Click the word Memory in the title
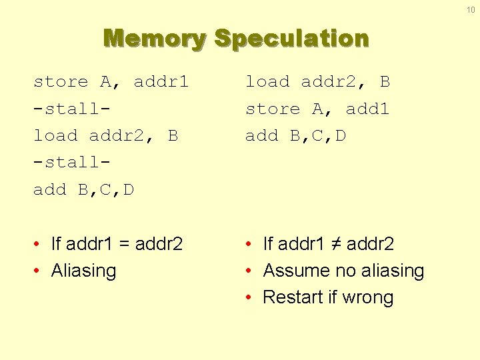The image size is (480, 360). click(x=155, y=38)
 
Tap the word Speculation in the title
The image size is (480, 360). click(x=291, y=38)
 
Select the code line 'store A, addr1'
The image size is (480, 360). click(x=111, y=82)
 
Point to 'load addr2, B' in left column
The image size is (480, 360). click(x=105, y=136)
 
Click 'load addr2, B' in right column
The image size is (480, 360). click(x=317, y=82)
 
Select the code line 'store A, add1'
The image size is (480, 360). click(x=317, y=109)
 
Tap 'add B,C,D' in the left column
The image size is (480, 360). click(x=83, y=190)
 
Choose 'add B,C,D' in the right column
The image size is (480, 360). click(x=295, y=136)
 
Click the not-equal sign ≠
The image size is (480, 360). click(x=337, y=244)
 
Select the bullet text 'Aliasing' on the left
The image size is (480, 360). click(x=83, y=271)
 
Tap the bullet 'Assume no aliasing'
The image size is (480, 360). click(x=343, y=271)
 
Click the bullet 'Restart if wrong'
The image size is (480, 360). click(x=328, y=297)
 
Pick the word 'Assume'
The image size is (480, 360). click(x=293, y=271)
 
